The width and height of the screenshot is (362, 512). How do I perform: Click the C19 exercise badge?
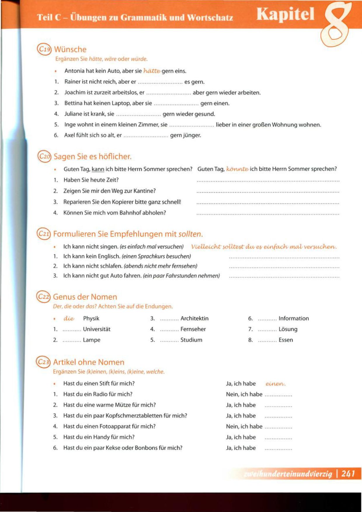44,49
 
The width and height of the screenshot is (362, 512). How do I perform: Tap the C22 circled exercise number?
43,297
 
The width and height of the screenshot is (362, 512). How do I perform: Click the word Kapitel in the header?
285,15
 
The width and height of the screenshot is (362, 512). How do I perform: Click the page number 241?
348,473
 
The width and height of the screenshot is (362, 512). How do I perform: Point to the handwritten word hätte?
152,71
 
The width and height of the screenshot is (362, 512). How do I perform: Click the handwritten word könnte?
237,169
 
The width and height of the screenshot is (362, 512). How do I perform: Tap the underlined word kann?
98,169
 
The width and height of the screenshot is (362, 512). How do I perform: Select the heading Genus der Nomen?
85,297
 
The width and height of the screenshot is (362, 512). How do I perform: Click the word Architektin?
194,318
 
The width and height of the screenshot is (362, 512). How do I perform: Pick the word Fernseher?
193,329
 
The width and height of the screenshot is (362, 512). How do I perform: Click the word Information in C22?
293,318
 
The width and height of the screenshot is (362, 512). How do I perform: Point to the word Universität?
97,329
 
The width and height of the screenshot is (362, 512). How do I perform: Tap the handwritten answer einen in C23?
275,384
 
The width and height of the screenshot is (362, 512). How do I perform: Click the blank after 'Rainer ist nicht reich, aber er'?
160,82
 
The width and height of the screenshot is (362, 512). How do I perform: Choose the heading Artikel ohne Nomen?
89,362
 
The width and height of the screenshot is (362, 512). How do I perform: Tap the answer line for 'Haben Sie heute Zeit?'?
268,181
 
